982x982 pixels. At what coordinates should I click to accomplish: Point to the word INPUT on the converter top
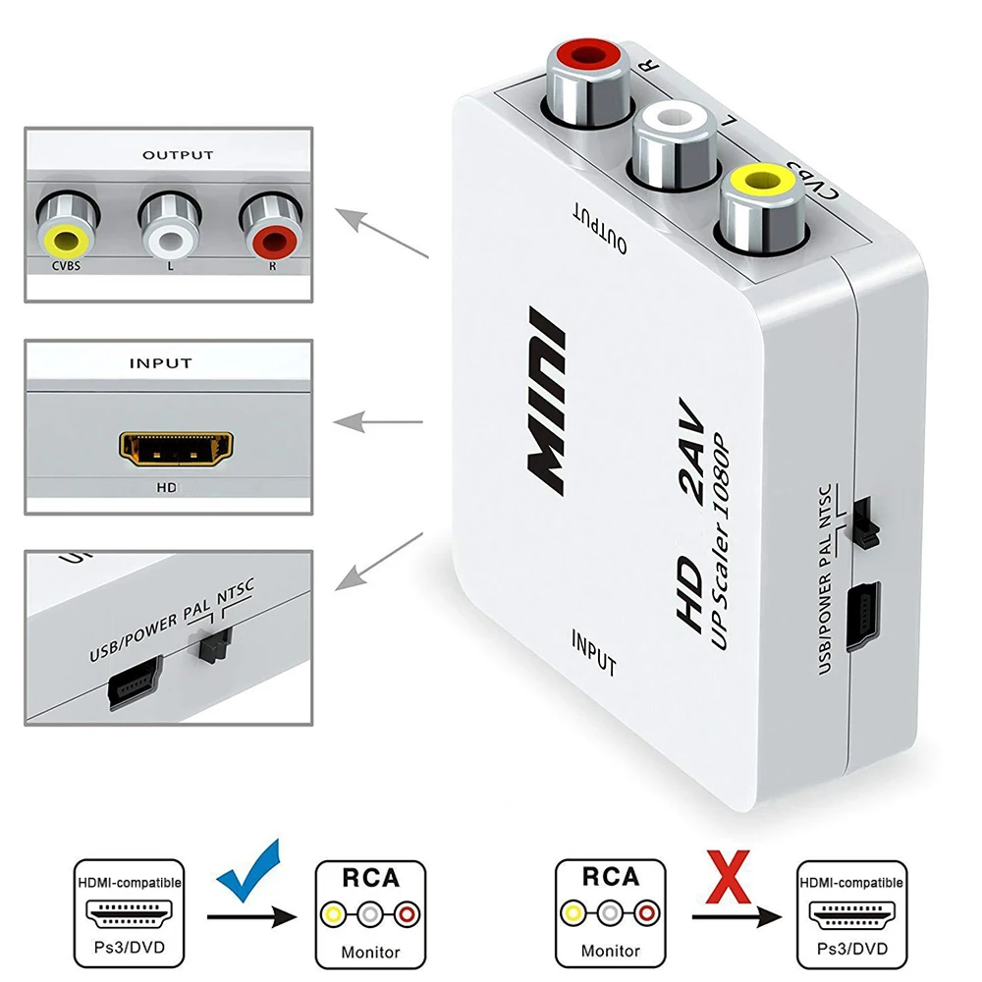click(593, 651)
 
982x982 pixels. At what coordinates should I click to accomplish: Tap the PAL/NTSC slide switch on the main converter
click(864, 520)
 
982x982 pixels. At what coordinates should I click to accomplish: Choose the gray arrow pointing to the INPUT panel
click(378, 422)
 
